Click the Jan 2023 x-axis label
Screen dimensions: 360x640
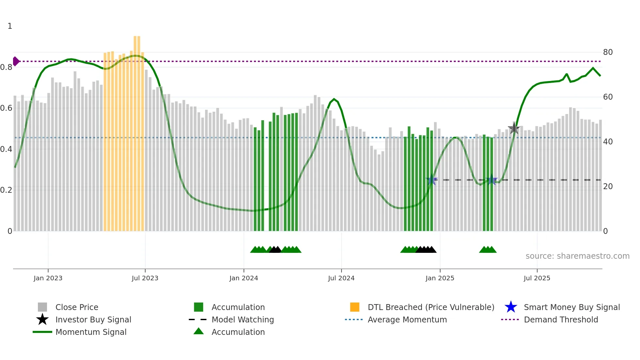tap(48, 278)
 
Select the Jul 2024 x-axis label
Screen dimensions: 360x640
tap(341, 278)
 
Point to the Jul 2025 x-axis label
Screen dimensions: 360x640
tap(537, 278)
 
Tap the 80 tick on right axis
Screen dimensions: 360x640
tap(608, 52)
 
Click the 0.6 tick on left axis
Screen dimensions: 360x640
tap(6, 108)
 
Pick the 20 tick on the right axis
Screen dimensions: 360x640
tap(608, 187)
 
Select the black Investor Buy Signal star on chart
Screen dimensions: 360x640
tap(514, 128)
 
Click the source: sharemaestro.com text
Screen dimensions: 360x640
tap(577, 256)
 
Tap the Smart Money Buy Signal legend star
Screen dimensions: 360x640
tap(511, 307)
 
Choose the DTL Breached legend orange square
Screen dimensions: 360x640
tap(355, 307)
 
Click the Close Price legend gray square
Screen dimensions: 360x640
tap(42, 307)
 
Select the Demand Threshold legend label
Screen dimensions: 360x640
tap(561, 319)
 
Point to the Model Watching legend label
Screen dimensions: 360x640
tap(243, 319)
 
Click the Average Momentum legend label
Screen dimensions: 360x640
tap(407, 319)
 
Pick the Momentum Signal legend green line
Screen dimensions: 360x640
tap(42, 332)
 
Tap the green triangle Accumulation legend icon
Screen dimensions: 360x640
tap(199, 331)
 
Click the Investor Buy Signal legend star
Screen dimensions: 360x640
tap(42, 319)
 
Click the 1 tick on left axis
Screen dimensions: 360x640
tap(10, 26)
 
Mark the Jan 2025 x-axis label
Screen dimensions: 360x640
tap(440, 278)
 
